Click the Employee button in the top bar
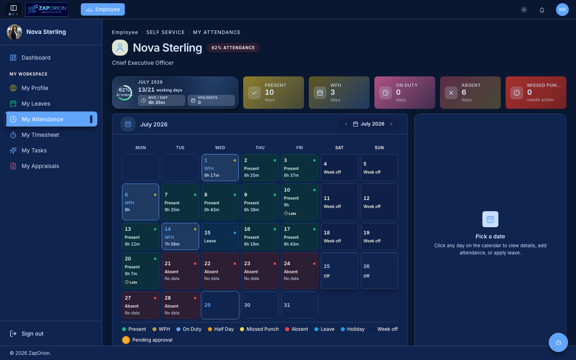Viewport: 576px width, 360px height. click(102, 10)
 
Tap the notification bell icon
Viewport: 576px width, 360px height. click(542, 10)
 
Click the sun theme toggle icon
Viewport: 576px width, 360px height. click(524, 10)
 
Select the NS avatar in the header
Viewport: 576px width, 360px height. click(562, 10)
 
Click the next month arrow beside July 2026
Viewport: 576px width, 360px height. click(391, 124)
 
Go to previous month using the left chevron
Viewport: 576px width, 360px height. click(346, 124)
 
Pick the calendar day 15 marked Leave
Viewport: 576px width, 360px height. click(220, 236)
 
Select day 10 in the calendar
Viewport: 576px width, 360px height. click(300, 202)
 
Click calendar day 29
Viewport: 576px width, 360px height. click(220, 305)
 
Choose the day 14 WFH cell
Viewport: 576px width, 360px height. click(180, 236)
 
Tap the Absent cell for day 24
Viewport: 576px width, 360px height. click(300, 271)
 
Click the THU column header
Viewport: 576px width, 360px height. click(260, 148)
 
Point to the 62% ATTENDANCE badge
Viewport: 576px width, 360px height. click(233, 48)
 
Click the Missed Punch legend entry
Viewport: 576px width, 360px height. click(259, 329)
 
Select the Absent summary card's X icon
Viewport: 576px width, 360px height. click(451, 93)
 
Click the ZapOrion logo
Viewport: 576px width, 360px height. click(46, 10)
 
